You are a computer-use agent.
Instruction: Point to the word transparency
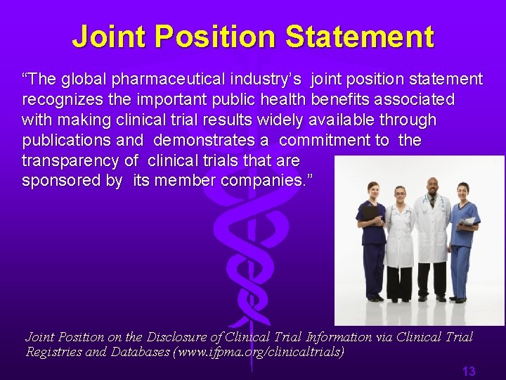point(68,160)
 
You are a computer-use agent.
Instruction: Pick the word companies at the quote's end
point(268,181)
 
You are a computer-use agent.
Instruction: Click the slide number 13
point(468,371)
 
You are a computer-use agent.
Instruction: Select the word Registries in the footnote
point(53,351)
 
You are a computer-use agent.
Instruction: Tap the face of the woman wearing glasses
point(401,194)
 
